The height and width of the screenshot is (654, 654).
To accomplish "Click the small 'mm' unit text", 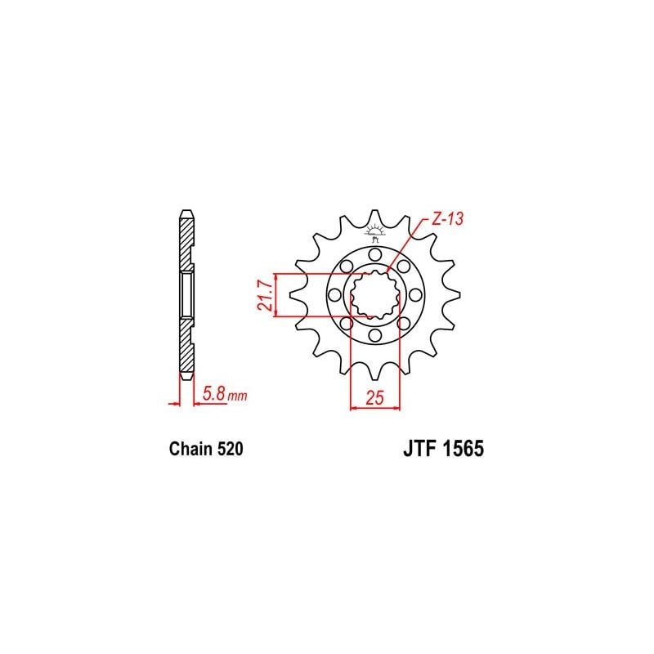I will (236, 396).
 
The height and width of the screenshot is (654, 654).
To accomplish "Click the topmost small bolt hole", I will (375, 253).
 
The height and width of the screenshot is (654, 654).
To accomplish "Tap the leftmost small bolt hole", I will (335, 295).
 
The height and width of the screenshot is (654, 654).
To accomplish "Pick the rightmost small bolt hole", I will (415, 295).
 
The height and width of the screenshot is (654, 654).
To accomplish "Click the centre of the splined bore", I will (375, 295).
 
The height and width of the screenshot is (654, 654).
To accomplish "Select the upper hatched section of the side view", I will (186, 241).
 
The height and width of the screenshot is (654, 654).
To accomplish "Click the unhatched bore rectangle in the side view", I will (186, 295).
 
